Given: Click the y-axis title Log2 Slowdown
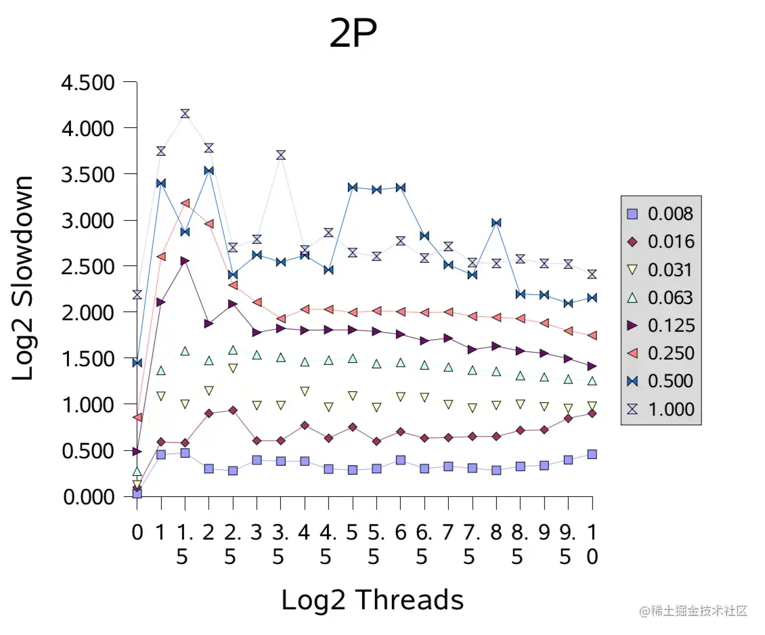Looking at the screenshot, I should (x=24, y=278).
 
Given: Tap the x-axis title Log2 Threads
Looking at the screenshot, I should (x=372, y=600).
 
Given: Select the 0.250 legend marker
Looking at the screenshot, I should (x=633, y=353).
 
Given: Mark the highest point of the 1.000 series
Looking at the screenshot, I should (x=185, y=113).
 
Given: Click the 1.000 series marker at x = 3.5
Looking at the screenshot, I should (x=280, y=155).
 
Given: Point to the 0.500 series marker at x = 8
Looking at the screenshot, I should (x=496, y=223).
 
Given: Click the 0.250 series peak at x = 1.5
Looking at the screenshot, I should (x=185, y=203).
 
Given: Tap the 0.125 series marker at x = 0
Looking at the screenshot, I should (x=137, y=451).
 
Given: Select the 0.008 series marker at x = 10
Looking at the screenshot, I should (x=592, y=454).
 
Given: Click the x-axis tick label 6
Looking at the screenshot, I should (x=401, y=532).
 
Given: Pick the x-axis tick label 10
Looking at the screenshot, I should (x=592, y=544).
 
